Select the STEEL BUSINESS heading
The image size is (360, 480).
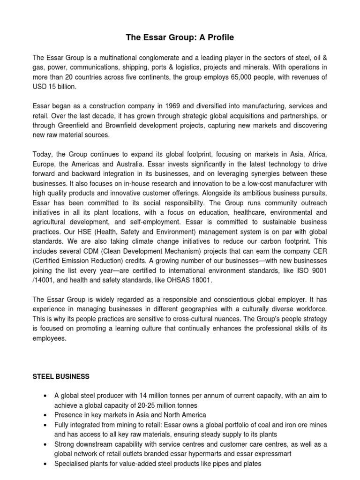coord(61,376)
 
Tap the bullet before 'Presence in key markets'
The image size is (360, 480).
coord(45,415)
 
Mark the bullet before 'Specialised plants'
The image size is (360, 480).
coord(45,464)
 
